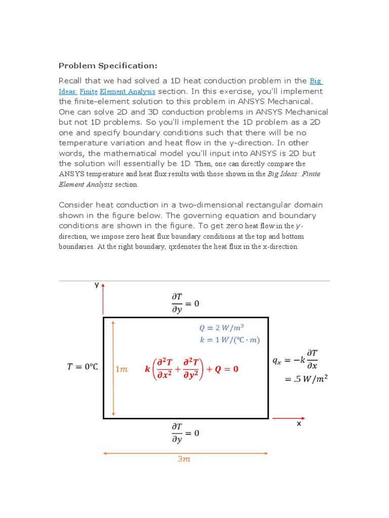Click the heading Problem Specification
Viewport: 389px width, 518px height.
tap(108, 66)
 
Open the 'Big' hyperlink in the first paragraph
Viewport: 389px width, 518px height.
tap(316, 81)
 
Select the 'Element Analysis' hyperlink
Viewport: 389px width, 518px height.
tap(128, 92)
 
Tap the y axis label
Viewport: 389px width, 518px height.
tap(96, 285)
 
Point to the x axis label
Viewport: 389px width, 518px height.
tap(299, 424)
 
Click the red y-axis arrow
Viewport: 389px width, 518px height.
tap(103, 298)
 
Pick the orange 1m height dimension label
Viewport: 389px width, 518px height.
tap(122, 369)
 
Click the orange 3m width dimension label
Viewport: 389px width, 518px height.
tap(183, 459)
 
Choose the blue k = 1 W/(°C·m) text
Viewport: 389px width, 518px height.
tap(230, 340)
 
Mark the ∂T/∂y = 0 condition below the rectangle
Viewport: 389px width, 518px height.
tap(185, 433)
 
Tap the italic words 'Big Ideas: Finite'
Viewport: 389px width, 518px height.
tap(293, 174)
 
